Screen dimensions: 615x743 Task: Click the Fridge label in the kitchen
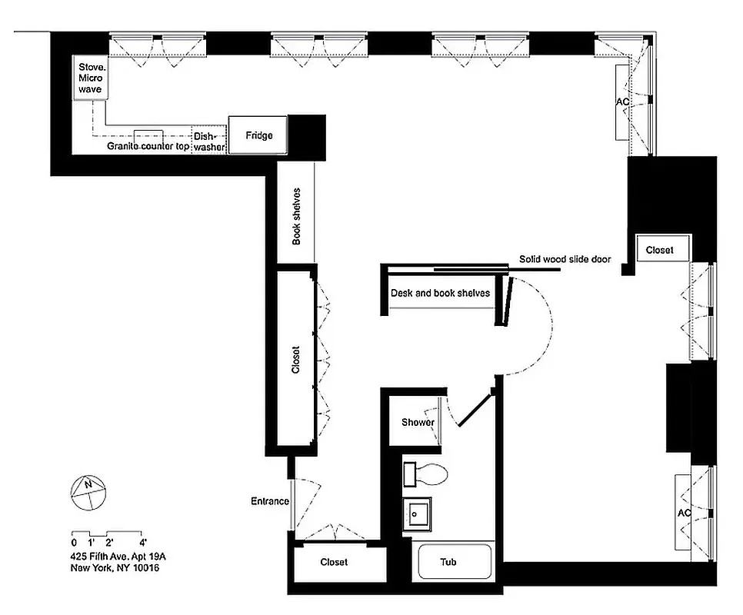(258, 136)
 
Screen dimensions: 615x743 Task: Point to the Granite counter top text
(148, 146)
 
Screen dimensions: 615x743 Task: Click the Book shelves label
(296, 217)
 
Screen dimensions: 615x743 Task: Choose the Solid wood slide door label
(565, 260)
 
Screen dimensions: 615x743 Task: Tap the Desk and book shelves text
(440, 293)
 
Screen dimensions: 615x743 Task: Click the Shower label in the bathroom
(418, 422)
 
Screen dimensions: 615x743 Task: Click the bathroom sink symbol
(418, 513)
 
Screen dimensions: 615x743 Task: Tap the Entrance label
(270, 501)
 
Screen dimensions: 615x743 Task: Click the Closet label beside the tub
(334, 562)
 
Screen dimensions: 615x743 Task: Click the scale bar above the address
(108, 534)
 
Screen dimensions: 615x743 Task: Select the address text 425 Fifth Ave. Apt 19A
(118, 556)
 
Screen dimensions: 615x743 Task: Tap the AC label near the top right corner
(622, 101)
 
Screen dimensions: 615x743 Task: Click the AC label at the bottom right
(684, 513)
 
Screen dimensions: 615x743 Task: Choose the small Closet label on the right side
(659, 250)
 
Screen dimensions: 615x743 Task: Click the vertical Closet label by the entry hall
(296, 359)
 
